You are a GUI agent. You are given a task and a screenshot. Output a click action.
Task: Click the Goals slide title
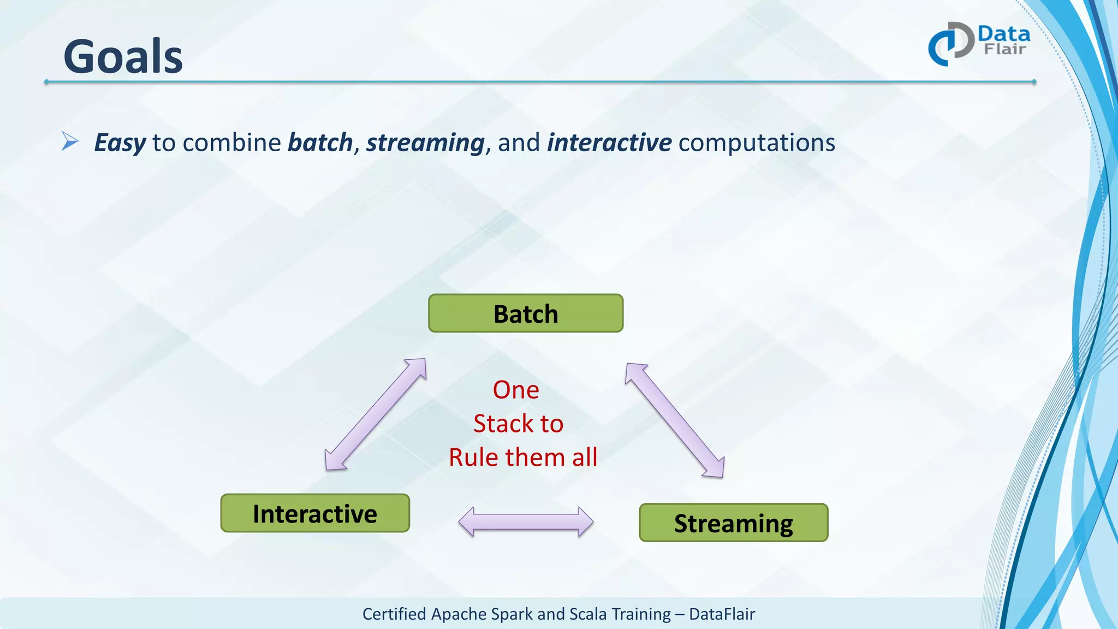[123, 57]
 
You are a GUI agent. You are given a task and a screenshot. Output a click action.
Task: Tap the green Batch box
[525, 313]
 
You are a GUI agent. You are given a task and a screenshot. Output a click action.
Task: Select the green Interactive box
[315, 513]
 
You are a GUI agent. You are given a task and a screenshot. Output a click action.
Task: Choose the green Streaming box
[733, 523]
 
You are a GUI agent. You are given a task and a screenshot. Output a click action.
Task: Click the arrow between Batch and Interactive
[375, 414]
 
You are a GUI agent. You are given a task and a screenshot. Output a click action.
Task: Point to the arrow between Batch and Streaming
[675, 420]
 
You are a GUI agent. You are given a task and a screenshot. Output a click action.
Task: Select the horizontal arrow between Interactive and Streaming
[526, 522]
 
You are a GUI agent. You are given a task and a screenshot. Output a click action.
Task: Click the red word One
[516, 390]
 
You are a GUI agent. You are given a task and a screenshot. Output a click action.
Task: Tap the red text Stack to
[518, 424]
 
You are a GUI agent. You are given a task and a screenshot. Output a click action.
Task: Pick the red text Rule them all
[523, 457]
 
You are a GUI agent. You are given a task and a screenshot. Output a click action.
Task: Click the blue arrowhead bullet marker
[70, 141]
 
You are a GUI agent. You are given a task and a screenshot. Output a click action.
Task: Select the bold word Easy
[120, 143]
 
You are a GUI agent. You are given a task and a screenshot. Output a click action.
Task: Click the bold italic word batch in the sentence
[320, 143]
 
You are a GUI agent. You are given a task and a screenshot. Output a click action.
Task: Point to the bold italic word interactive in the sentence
[609, 143]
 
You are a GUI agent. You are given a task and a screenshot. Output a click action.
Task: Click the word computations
[757, 143]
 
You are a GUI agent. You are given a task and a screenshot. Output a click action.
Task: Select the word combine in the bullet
[232, 143]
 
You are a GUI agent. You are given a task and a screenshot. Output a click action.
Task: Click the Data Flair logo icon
[951, 44]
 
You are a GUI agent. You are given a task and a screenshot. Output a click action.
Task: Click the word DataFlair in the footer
[722, 614]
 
